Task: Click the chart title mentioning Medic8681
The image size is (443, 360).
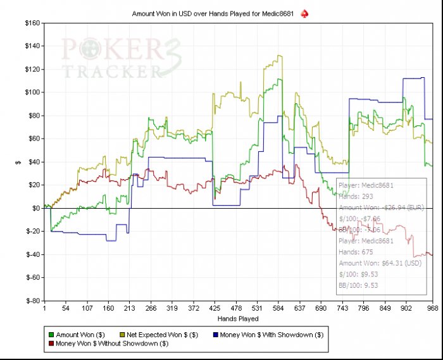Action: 215,13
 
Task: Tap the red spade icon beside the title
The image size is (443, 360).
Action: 304,13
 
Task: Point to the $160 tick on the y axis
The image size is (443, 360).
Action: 32,23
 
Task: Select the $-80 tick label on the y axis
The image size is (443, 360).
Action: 32,301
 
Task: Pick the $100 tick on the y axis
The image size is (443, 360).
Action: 32,92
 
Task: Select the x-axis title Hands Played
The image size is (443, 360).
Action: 237,318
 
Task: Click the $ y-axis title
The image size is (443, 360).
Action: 18,162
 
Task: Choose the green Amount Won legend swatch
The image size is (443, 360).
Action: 51,334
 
